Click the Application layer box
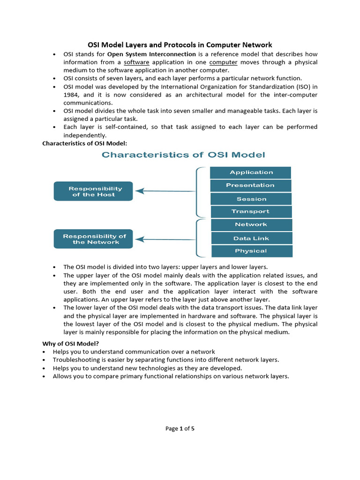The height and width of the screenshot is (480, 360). (251, 172)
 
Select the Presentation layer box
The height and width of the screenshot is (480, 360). (251, 186)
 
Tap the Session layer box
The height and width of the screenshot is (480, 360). (251, 199)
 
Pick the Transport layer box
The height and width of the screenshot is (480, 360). (251, 211)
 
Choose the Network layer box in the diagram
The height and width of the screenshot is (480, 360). (251, 225)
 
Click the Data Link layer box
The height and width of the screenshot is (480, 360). (251, 238)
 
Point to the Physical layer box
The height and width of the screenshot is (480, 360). (251, 251)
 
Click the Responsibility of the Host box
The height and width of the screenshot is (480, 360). (93, 191)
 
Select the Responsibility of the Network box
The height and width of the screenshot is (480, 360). (93, 239)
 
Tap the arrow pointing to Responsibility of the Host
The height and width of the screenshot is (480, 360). (166, 191)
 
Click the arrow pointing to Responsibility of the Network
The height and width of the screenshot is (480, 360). (166, 240)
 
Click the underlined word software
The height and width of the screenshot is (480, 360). (136, 62)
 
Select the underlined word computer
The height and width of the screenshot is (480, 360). (223, 62)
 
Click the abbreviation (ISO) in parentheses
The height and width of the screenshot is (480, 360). (303, 87)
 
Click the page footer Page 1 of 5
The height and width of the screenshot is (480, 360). (180, 428)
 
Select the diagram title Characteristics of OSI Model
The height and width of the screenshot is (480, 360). (183, 155)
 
